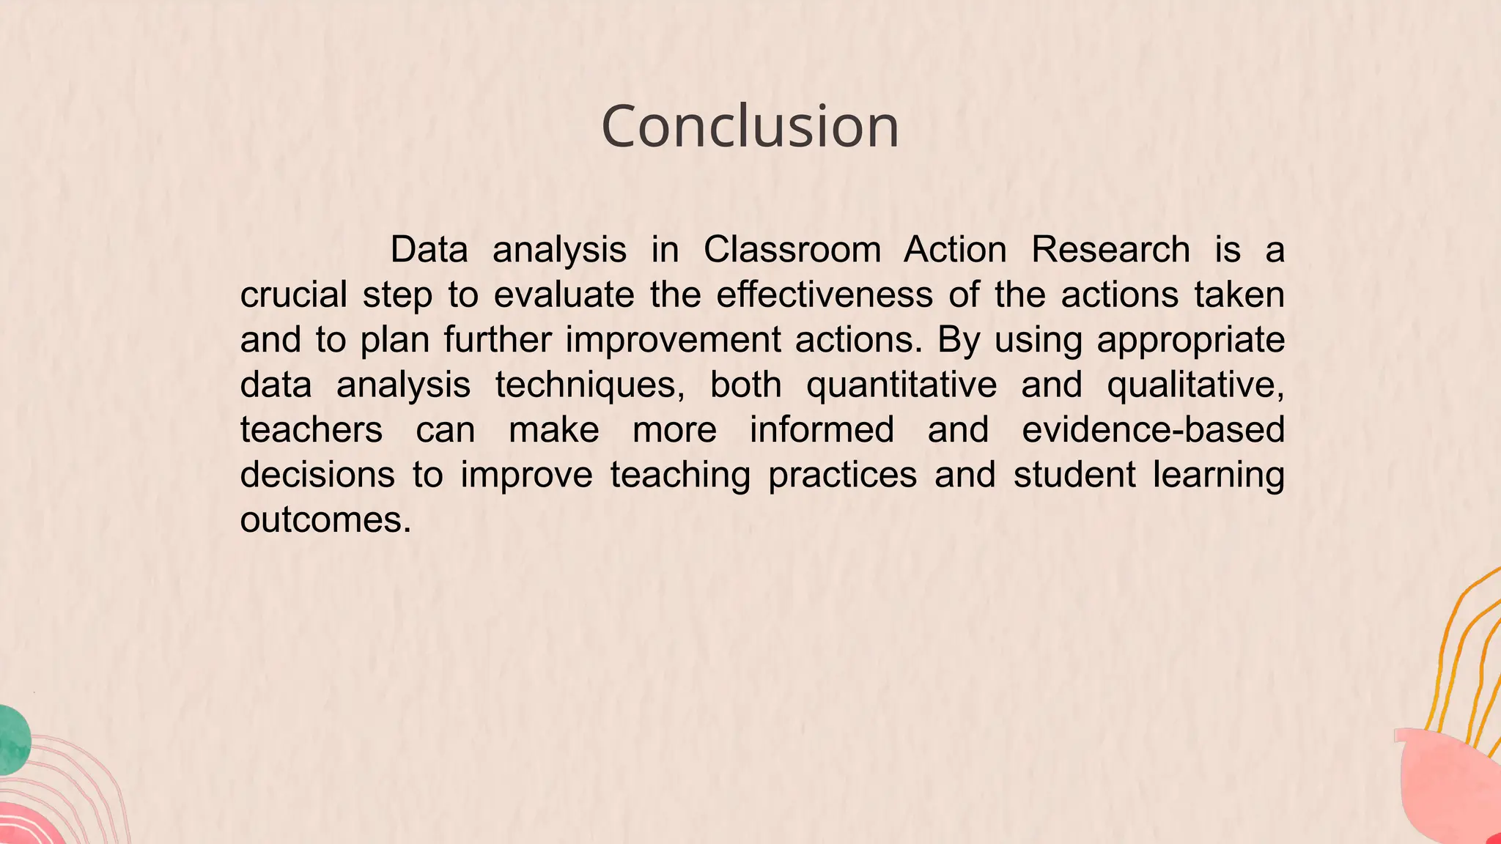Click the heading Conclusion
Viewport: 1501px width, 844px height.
750,127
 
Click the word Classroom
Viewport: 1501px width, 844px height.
792,250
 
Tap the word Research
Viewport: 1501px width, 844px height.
1110,250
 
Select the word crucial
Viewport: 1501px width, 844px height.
293,295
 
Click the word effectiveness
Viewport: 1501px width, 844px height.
825,295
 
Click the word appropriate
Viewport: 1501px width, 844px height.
1190,341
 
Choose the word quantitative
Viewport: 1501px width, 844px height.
901,385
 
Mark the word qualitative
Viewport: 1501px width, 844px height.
1195,385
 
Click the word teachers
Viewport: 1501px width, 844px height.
311,430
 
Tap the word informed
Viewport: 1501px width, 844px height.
822,430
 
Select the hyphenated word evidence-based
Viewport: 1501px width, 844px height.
1153,430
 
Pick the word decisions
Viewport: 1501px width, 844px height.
317,475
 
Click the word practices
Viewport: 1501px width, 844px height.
842,475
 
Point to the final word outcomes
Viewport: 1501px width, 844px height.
325,520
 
